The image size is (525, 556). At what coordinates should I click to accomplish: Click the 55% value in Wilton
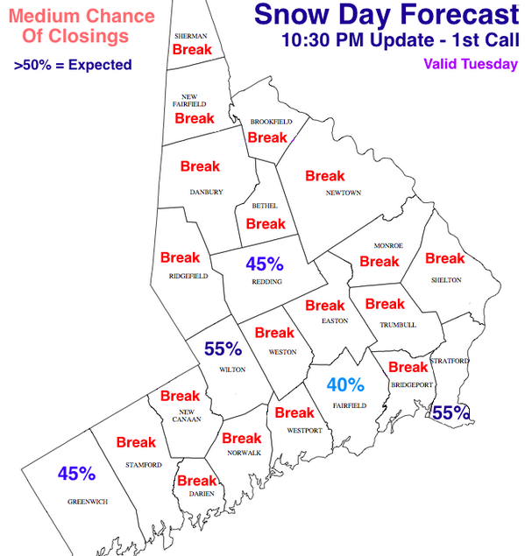[x=223, y=348]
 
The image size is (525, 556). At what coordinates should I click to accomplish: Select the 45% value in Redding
[x=264, y=263]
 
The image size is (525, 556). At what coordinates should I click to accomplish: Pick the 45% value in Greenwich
[x=76, y=474]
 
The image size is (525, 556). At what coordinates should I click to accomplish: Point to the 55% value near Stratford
[x=451, y=412]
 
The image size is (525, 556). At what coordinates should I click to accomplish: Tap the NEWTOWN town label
[x=344, y=193]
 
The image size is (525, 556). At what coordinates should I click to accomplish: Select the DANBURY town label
[x=207, y=192]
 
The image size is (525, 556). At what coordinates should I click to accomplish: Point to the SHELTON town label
[x=445, y=280]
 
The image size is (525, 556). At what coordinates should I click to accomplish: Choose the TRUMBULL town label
[x=397, y=325]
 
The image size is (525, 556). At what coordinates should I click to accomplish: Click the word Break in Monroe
[x=380, y=261]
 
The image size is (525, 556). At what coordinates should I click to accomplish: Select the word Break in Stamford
[x=136, y=442]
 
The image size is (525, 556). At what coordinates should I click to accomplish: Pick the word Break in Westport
[x=294, y=412]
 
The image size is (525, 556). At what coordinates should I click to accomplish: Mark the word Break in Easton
[x=325, y=306]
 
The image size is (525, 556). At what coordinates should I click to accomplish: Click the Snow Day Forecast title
[x=386, y=15]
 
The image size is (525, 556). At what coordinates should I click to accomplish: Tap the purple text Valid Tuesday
[x=470, y=64]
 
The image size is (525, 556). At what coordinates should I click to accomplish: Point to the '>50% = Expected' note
[x=74, y=65]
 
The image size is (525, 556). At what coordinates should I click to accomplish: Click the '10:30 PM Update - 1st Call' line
[x=401, y=40]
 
